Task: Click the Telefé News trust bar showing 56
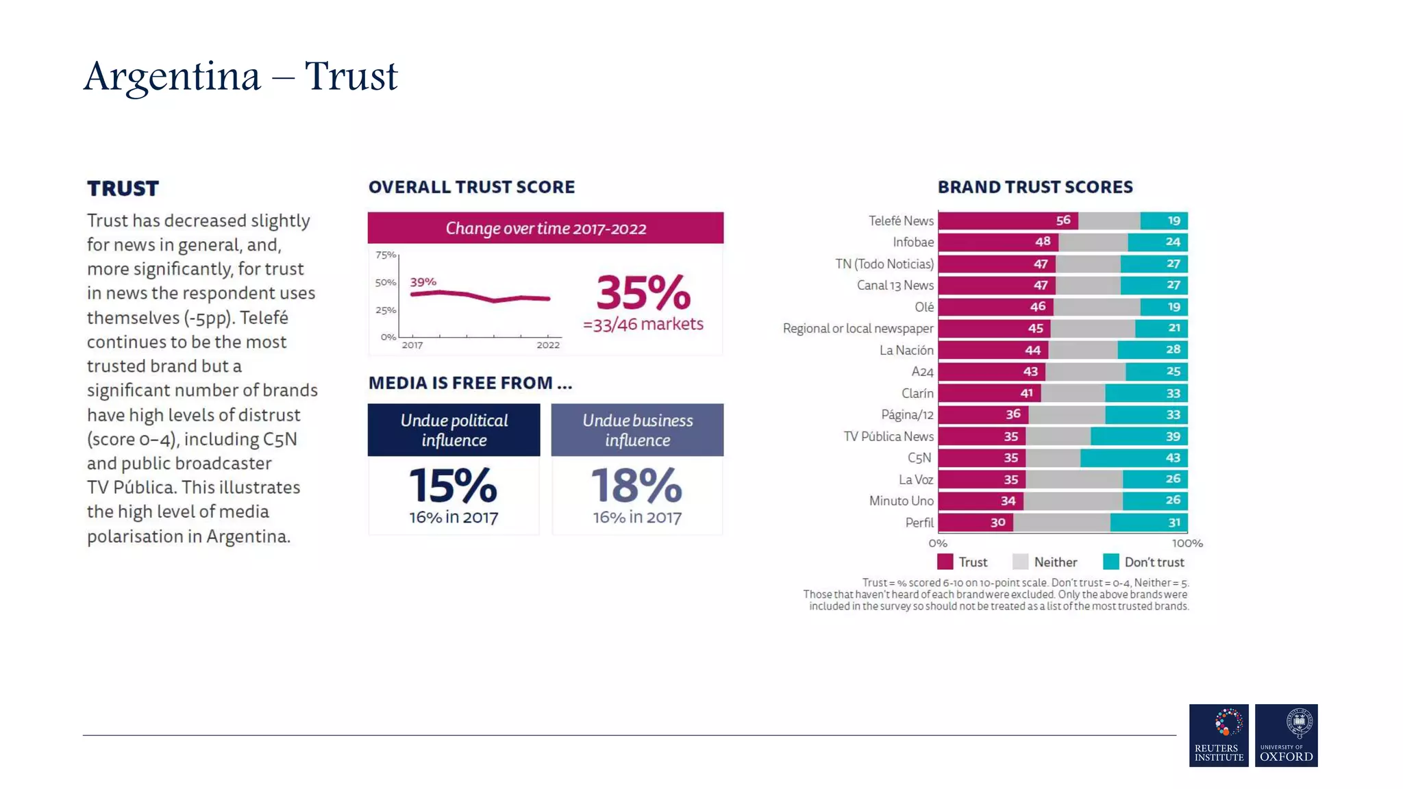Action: [x=1007, y=221]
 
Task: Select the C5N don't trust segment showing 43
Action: [x=1134, y=458]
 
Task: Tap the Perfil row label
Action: [x=919, y=523]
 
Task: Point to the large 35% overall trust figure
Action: [x=643, y=293]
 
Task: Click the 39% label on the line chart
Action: [x=423, y=281]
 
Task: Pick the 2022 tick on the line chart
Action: [x=548, y=345]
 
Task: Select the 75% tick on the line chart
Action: [x=386, y=255]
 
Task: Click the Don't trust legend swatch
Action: [x=1110, y=562]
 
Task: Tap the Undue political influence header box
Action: [x=454, y=430]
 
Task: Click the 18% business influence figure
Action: [x=636, y=486]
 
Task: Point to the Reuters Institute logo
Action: [x=1219, y=735]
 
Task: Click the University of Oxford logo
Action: [x=1286, y=735]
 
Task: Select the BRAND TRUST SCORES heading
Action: [x=1034, y=187]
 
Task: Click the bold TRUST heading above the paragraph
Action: [x=123, y=188]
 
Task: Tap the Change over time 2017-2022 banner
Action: [x=545, y=228]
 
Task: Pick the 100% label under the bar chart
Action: [x=1187, y=543]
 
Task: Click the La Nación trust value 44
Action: [x=1032, y=350]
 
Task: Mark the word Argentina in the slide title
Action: [x=172, y=76]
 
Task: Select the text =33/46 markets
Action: [x=643, y=324]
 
